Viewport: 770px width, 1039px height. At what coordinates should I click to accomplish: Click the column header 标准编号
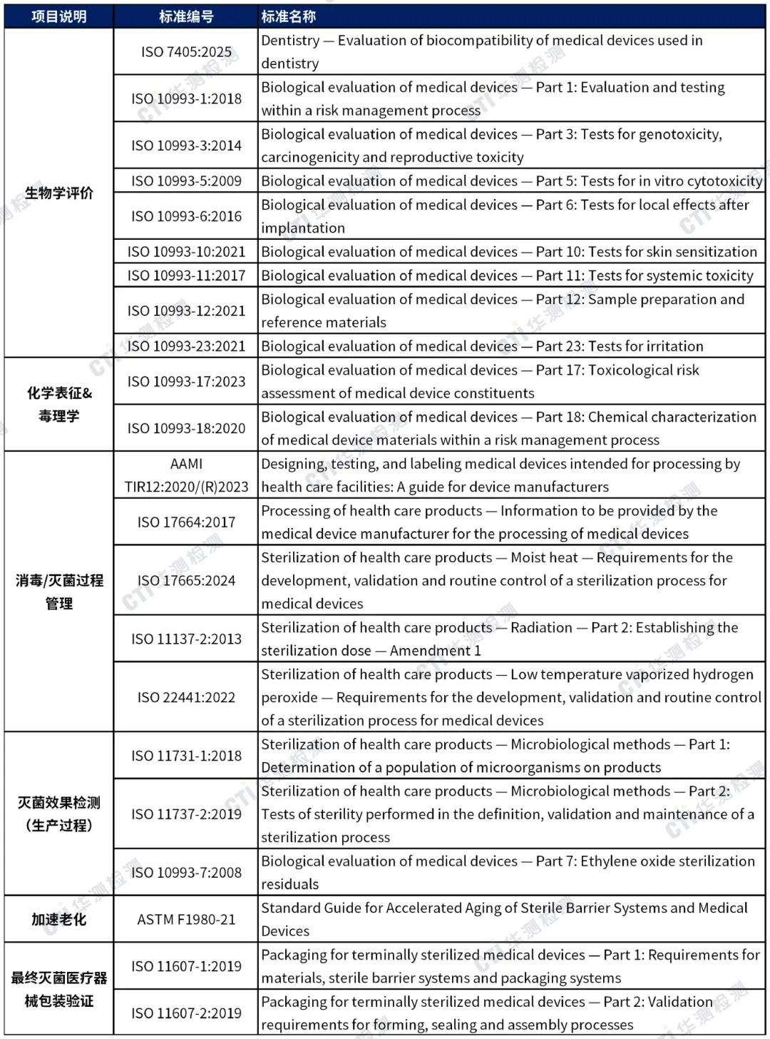(x=186, y=16)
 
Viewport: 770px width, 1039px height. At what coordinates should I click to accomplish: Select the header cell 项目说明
(x=59, y=16)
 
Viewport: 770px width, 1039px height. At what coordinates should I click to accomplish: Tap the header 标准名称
(x=288, y=16)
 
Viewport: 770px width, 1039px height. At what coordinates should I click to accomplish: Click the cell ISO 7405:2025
(x=186, y=51)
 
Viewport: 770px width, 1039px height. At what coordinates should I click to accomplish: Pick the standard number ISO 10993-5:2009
(x=186, y=181)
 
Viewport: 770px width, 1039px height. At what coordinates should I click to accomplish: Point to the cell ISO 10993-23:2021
(x=186, y=346)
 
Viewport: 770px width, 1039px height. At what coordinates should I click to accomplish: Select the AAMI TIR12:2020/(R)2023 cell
(x=186, y=475)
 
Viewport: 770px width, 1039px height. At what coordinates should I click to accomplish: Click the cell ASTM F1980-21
(x=186, y=919)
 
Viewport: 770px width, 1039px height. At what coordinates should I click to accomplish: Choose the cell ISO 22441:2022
(x=186, y=697)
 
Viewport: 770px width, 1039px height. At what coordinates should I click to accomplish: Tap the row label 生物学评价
(x=59, y=193)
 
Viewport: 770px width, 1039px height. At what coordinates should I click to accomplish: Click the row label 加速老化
(x=59, y=919)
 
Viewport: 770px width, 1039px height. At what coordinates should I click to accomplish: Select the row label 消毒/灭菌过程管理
(x=59, y=592)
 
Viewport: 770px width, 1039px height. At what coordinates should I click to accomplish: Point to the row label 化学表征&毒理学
(x=59, y=404)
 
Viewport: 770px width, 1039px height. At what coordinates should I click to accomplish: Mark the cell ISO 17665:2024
(x=186, y=580)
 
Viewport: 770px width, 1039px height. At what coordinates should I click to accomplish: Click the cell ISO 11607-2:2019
(x=186, y=1013)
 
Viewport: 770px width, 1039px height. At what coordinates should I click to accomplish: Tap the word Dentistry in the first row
(x=290, y=41)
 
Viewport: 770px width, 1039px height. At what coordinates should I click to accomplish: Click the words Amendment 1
(x=435, y=651)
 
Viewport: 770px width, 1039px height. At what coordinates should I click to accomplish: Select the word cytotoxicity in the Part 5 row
(x=720, y=181)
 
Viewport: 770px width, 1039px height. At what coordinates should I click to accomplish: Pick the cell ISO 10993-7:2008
(x=186, y=872)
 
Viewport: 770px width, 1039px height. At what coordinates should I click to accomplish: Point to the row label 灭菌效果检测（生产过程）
(x=59, y=814)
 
